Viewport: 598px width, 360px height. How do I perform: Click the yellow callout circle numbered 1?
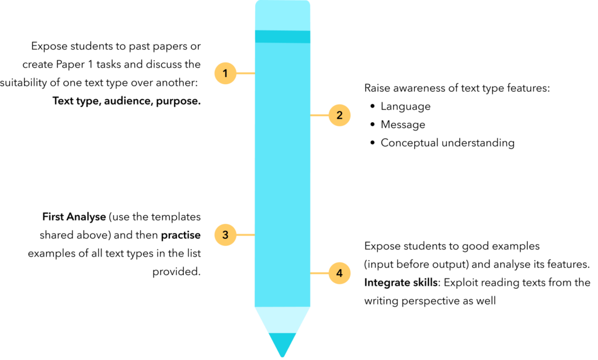point(225,74)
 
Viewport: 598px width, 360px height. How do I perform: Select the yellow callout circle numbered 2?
point(339,116)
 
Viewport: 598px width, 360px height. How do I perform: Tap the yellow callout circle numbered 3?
point(225,235)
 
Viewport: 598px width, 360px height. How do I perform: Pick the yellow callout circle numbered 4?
point(339,273)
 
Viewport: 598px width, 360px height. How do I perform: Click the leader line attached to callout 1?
point(245,74)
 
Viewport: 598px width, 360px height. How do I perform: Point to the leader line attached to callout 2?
point(319,116)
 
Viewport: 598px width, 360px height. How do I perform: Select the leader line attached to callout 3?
point(245,235)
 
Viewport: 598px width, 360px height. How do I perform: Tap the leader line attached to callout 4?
point(319,273)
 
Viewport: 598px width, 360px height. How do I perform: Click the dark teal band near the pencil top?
point(282,37)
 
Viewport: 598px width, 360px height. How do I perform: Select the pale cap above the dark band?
point(282,15)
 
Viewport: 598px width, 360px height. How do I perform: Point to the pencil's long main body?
point(282,175)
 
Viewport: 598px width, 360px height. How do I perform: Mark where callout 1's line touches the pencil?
point(255,74)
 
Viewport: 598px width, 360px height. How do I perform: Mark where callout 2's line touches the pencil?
point(310,116)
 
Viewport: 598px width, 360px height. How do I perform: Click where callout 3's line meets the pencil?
point(255,235)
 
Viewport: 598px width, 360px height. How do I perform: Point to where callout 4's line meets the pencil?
point(310,273)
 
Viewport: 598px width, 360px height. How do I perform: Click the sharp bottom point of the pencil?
point(282,356)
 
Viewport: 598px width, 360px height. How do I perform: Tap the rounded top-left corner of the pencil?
point(256,2)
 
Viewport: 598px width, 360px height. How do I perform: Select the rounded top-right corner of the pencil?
point(308,2)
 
